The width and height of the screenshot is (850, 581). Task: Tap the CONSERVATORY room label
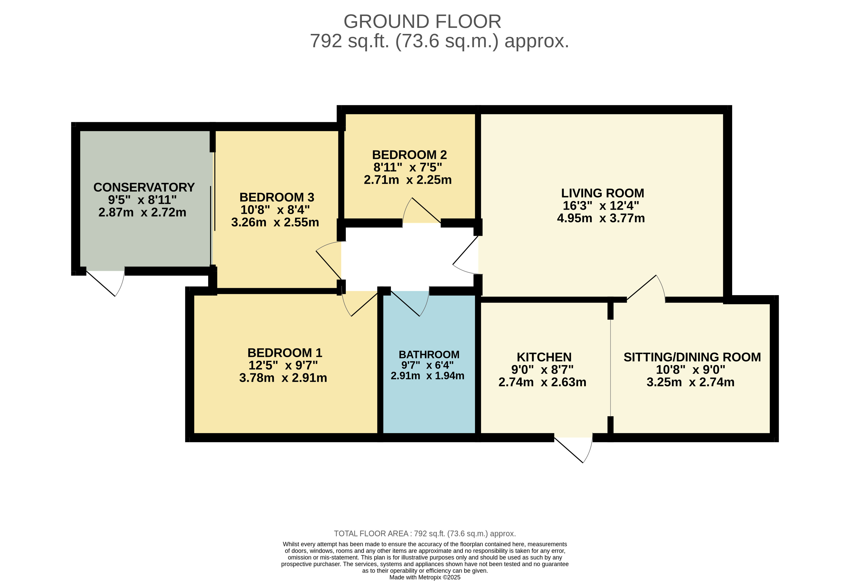tap(144, 187)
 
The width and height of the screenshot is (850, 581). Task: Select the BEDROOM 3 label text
tap(277, 197)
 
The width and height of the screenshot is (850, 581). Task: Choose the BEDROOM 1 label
tap(285, 353)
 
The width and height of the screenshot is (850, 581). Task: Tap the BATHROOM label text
tap(429, 355)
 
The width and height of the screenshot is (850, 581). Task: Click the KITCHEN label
tap(544, 357)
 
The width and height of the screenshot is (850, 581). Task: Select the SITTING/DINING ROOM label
tap(692, 357)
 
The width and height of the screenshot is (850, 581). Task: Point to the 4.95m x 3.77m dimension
tap(601, 218)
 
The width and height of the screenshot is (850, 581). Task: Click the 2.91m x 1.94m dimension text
tap(428, 376)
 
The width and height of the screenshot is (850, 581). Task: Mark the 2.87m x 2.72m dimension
tap(142, 212)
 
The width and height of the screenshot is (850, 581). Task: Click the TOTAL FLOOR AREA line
tap(425, 534)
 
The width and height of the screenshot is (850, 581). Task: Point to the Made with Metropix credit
tap(425, 577)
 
